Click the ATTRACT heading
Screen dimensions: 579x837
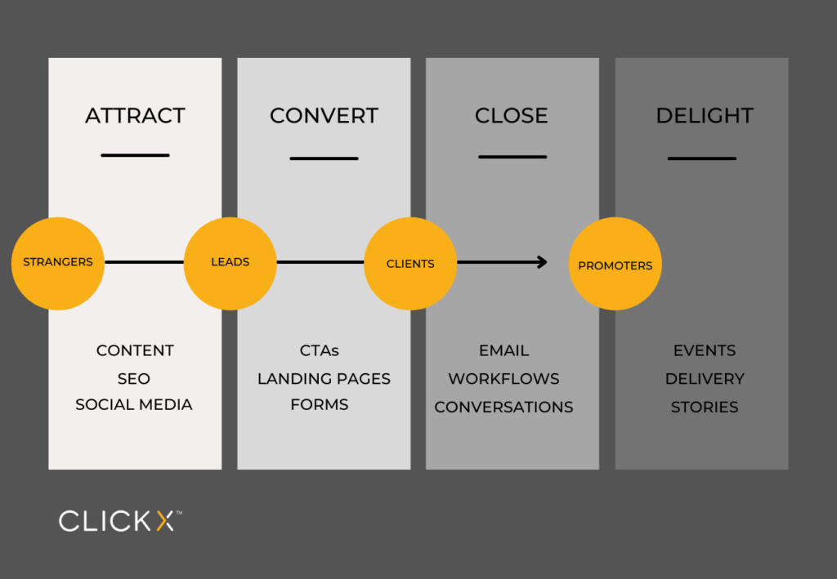click(135, 116)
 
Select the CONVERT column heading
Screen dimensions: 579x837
click(324, 116)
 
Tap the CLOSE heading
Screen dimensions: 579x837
click(512, 116)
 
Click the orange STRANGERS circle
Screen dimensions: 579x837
click(58, 263)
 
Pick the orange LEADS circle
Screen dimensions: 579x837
click(230, 263)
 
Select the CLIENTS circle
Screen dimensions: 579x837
click(410, 264)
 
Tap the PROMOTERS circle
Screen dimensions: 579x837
click(615, 265)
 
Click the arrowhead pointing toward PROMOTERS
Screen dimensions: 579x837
click(542, 262)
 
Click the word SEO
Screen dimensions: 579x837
click(134, 379)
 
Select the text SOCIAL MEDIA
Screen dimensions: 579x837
click(134, 405)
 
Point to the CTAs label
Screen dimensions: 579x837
click(319, 350)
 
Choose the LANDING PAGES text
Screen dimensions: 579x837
click(324, 379)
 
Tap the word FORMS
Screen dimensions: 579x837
click(319, 405)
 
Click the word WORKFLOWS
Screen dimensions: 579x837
click(504, 379)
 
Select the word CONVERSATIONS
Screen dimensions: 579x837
click(504, 407)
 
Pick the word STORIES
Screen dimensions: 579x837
click(704, 407)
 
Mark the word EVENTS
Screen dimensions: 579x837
click(704, 350)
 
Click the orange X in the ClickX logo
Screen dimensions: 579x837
click(164, 521)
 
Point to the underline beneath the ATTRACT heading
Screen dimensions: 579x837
click(135, 155)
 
